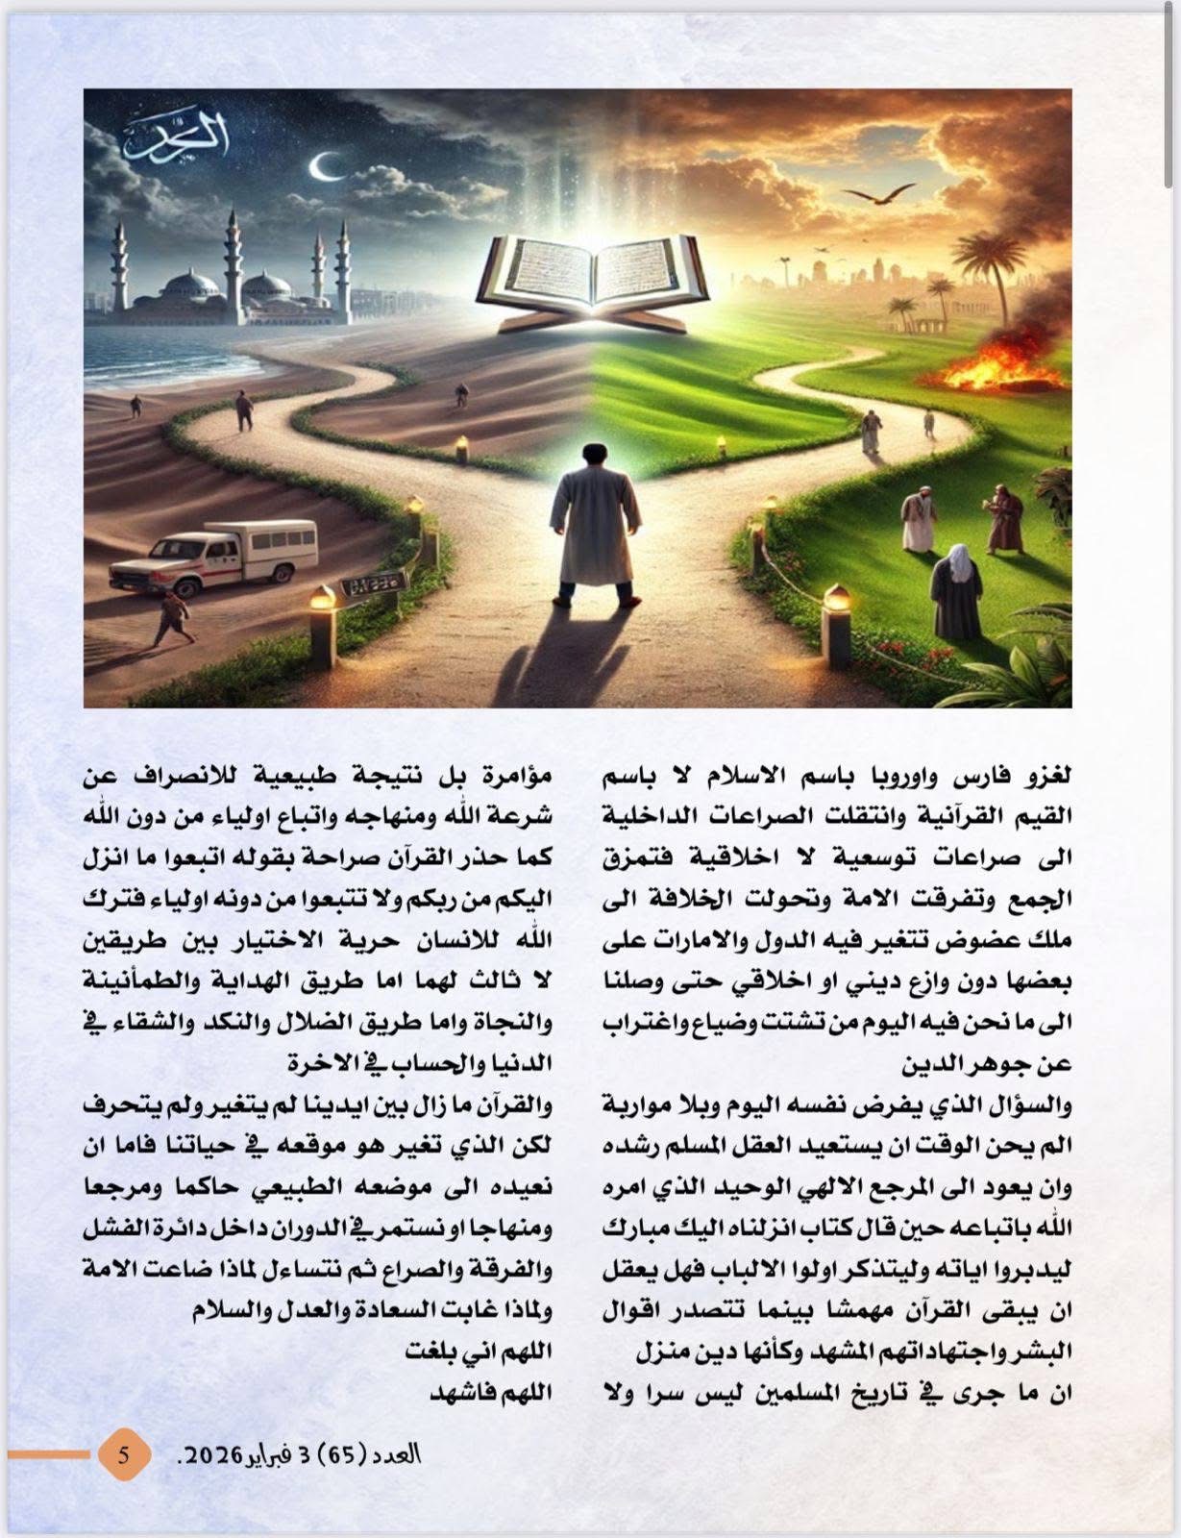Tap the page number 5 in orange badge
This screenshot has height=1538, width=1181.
coord(124,1453)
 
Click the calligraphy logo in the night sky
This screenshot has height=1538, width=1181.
coord(178,137)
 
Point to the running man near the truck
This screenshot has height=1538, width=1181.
coord(173,618)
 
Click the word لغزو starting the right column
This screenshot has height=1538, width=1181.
coord(1047,775)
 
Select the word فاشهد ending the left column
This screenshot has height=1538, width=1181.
coord(520,1392)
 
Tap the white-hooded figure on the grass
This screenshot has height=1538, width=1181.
coord(957,588)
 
